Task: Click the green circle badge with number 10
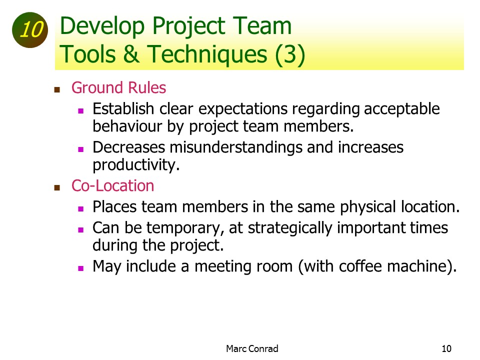30,30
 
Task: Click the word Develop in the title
102,27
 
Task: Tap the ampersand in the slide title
131,54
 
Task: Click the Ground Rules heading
119,87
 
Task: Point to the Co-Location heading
112,186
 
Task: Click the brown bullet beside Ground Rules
57,89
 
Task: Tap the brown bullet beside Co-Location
57,187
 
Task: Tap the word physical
368,207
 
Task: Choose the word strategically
290,228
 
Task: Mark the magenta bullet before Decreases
81,149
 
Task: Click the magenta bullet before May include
81,268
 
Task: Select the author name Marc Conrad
252,348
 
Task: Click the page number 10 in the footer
446,348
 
